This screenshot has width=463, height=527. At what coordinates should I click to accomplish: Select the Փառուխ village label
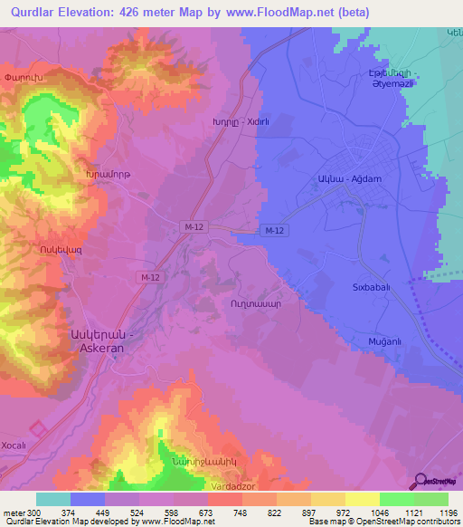23,76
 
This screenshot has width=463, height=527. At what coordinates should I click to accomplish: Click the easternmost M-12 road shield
275,231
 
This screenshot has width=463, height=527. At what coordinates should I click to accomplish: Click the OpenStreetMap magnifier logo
419,480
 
